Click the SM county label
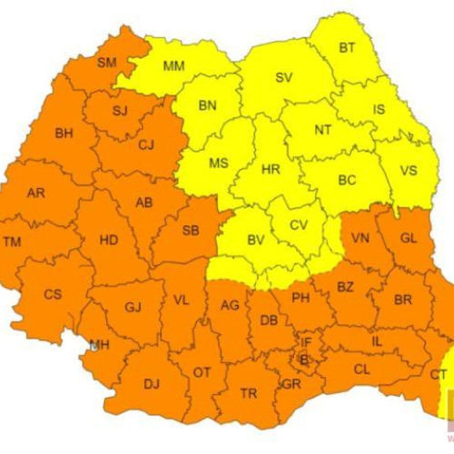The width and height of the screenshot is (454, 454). click(108, 62)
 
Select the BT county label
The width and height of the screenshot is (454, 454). click(347, 47)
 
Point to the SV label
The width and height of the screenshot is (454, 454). click(283, 78)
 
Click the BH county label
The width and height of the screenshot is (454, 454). click(64, 133)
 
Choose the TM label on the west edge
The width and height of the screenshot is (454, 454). click(12, 242)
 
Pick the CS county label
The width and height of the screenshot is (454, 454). click(54, 293)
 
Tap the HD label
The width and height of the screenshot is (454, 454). click(109, 240)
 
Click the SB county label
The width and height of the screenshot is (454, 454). click(191, 231)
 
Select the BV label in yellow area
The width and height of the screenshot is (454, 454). click(256, 241)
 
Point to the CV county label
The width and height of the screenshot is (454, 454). click(300, 224)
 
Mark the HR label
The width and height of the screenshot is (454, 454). click(270, 170)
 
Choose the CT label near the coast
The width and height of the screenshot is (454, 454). click(439, 374)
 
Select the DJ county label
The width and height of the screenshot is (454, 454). click(151, 384)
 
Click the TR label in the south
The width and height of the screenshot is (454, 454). click(248, 393)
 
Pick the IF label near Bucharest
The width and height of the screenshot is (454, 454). click(306, 342)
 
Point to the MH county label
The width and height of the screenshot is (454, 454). click(100, 344)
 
